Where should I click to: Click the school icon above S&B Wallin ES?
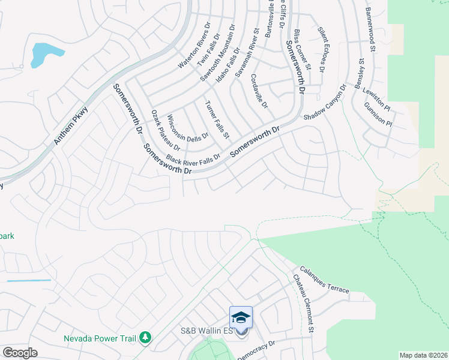[x=241, y=317]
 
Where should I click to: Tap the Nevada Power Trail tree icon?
[x=145, y=338]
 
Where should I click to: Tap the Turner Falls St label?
[x=217, y=119]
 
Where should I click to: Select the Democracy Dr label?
[x=256, y=350]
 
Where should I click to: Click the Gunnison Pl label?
[x=377, y=114]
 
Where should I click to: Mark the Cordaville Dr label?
[x=259, y=90]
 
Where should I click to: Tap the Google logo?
[x=20, y=353]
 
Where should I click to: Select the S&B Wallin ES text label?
[x=207, y=331]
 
